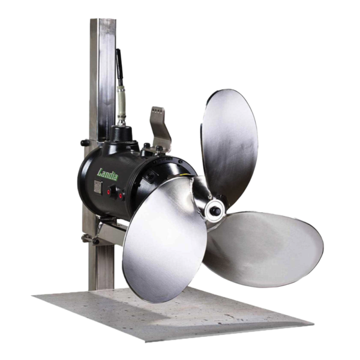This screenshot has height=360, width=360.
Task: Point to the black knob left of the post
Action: pyautogui.click(x=83, y=143)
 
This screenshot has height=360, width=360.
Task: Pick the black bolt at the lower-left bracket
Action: pyautogui.click(x=94, y=241)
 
